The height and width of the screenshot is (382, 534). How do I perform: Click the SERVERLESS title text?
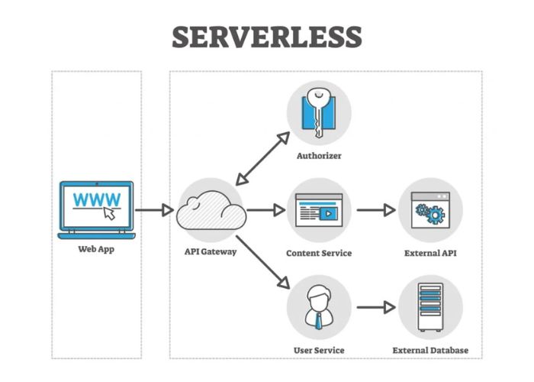[x=266, y=36]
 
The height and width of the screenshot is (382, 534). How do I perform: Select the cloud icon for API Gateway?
[x=211, y=210]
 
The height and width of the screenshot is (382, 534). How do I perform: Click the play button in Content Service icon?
[x=327, y=214]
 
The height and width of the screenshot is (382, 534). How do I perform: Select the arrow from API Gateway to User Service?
[x=263, y=262]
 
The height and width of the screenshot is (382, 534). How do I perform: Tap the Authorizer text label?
[x=318, y=156]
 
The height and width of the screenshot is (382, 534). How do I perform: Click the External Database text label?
[x=430, y=351]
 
